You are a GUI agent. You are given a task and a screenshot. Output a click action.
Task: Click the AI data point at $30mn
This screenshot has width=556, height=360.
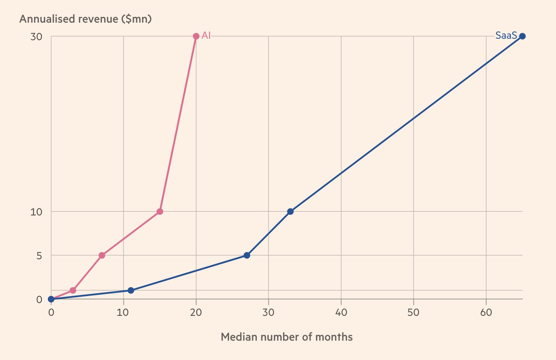click(x=196, y=36)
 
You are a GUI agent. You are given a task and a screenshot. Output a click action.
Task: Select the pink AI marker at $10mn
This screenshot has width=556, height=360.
click(x=160, y=211)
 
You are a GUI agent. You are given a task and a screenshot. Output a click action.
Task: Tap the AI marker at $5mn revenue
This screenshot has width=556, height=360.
click(x=102, y=255)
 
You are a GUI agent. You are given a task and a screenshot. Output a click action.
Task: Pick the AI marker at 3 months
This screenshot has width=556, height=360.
click(x=73, y=290)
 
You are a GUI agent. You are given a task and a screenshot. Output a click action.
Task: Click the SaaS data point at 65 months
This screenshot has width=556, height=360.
click(x=522, y=36)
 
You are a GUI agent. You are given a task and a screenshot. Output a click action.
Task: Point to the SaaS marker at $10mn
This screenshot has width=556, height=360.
click(x=290, y=211)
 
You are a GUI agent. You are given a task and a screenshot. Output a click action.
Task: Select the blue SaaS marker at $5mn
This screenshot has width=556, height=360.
click(x=247, y=255)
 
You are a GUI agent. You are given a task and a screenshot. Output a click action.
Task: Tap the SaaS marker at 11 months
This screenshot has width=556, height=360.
click(x=131, y=290)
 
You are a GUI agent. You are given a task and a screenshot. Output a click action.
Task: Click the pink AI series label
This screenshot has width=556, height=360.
click(x=206, y=36)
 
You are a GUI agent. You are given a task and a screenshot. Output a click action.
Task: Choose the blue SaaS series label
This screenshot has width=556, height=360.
click(x=506, y=36)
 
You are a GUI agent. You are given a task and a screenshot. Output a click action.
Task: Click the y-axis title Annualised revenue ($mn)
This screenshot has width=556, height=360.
click(x=85, y=19)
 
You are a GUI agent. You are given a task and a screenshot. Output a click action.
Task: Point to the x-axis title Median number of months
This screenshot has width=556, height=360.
click(x=287, y=337)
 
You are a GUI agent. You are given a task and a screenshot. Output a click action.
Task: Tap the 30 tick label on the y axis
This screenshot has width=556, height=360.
click(x=37, y=37)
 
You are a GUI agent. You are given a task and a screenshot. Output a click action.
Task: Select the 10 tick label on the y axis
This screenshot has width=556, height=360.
click(x=37, y=212)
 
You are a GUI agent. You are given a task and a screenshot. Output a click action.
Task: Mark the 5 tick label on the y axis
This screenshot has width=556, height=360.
click(x=39, y=256)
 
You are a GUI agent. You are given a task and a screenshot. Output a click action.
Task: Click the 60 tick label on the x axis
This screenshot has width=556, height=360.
click(x=486, y=313)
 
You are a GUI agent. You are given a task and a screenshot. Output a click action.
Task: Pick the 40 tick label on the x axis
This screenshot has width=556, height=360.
click(x=341, y=313)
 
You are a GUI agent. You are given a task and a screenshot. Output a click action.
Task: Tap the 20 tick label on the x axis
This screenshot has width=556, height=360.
click(x=196, y=313)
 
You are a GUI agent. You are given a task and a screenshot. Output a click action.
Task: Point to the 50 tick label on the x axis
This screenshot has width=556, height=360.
click(x=414, y=313)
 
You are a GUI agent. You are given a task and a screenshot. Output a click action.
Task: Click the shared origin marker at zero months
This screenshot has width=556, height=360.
click(x=51, y=299)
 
